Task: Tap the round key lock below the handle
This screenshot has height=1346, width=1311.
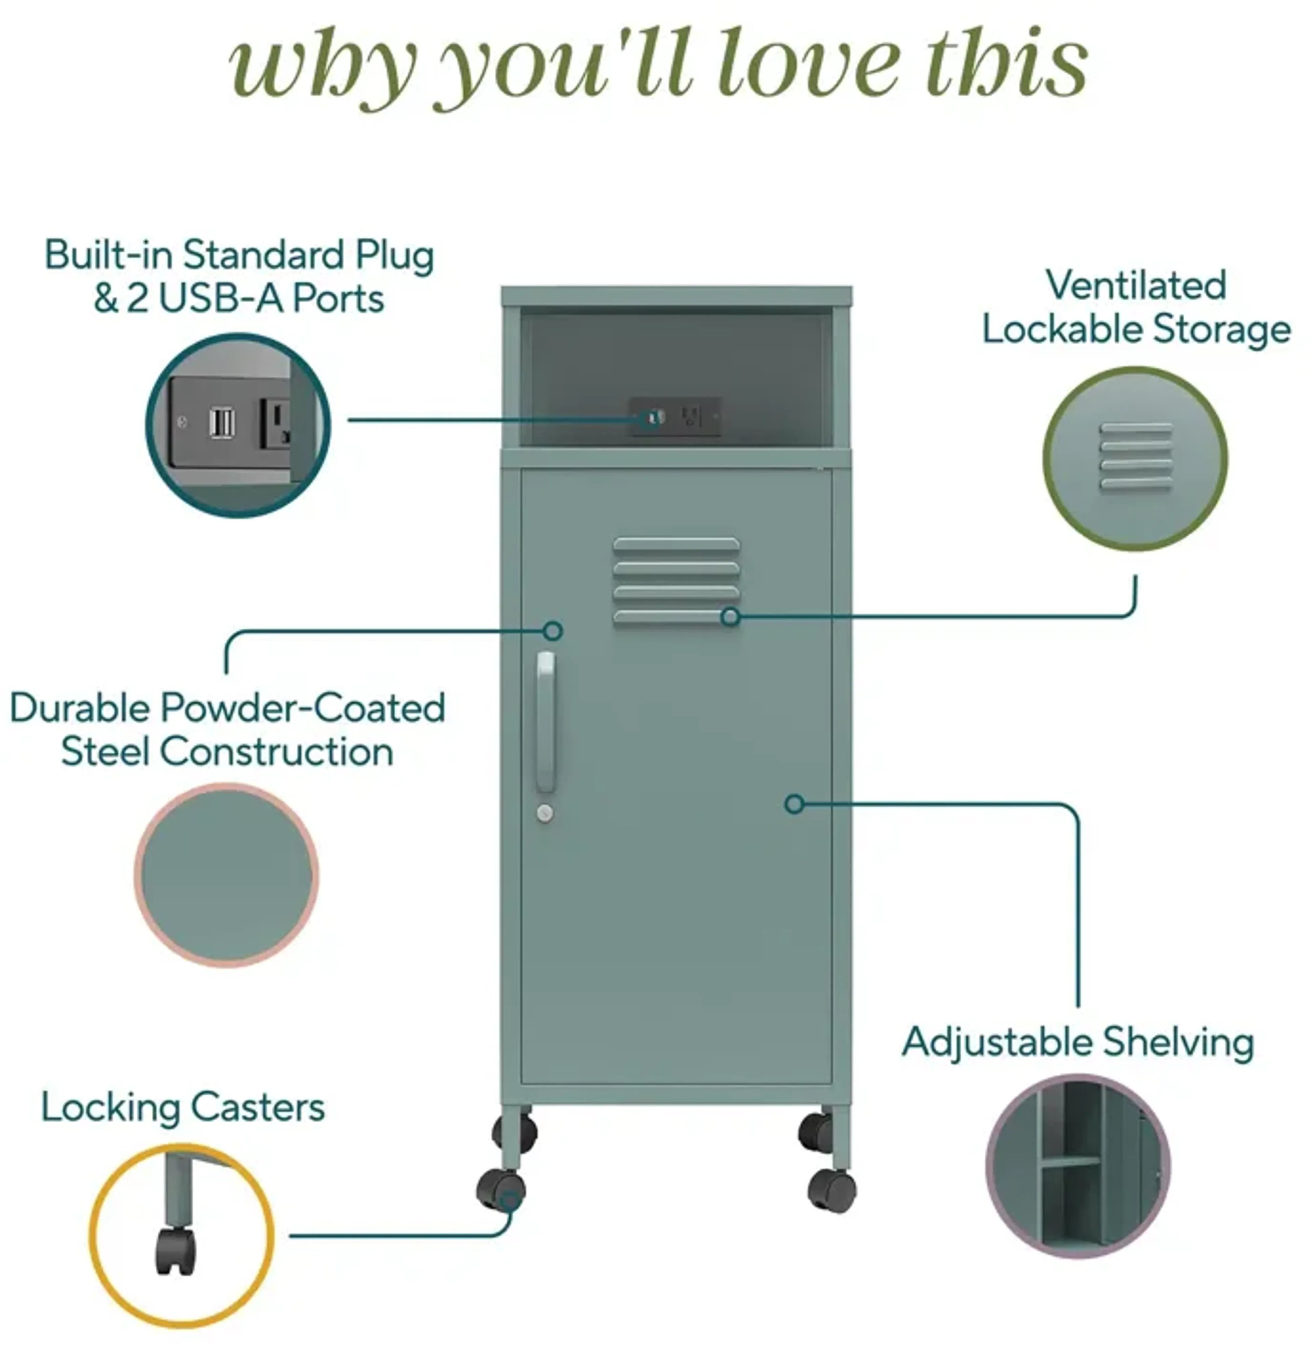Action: click(545, 813)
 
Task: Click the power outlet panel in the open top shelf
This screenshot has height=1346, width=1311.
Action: click(675, 417)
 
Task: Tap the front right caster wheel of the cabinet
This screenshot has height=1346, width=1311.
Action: click(832, 1190)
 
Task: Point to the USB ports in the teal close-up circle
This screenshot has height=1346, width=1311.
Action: click(222, 423)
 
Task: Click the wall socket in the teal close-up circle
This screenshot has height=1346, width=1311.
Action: click(276, 424)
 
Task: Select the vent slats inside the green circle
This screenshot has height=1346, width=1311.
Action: click(1136, 456)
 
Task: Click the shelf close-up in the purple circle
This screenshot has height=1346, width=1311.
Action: click(1078, 1166)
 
